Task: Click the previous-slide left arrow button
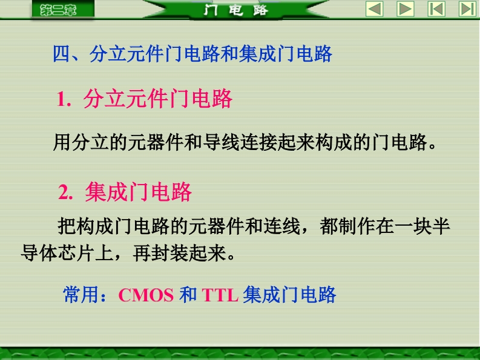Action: click(375, 8)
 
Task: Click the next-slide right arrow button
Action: click(406, 8)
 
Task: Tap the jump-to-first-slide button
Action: click(436, 8)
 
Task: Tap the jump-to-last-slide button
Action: click(468, 8)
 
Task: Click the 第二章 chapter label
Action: click(58, 10)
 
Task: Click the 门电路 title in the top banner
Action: click(235, 10)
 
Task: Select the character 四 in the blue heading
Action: click(62, 54)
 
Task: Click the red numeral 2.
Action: click(64, 192)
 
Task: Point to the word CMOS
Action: click(146, 295)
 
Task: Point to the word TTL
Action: click(220, 295)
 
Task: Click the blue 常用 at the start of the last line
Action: click(82, 295)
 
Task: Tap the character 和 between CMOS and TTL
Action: click(188, 295)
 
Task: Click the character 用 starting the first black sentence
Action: click(62, 142)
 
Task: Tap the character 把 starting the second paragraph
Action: click(67, 226)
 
